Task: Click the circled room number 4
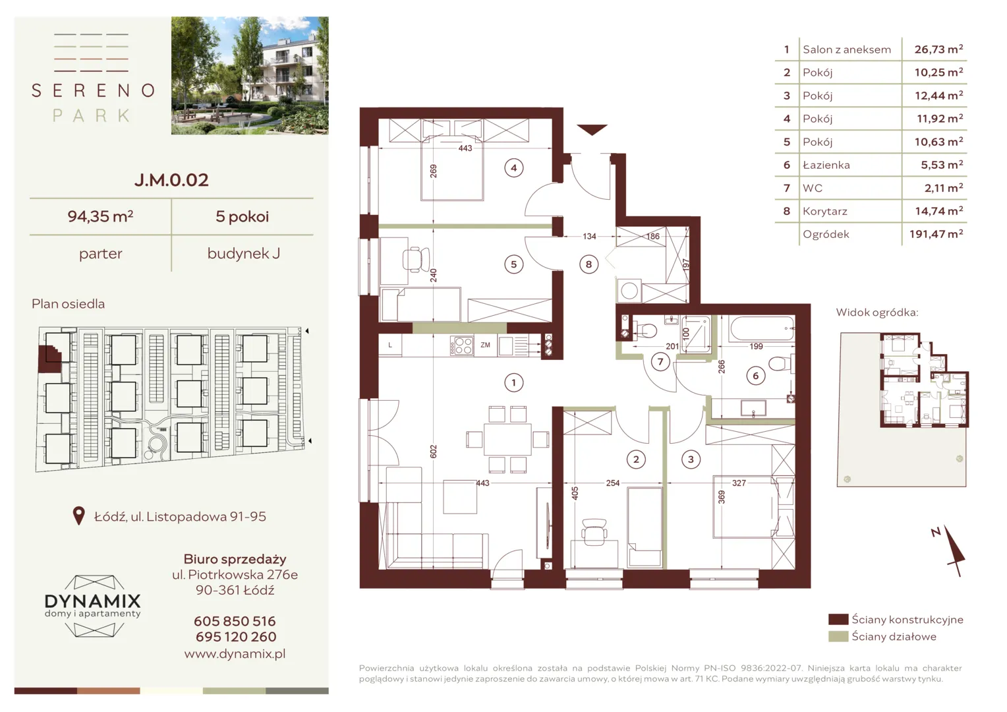pyautogui.click(x=514, y=168)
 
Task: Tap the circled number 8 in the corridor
pyautogui.click(x=589, y=264)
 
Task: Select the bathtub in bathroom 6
pyautogui.click(x=762, y=329)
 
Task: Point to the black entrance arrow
pyautogui.click(x=592, y=129)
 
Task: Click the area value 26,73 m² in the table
pyautogui.click(x=938, y=49)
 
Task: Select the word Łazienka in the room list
pyautogui.click(x=826, y=165)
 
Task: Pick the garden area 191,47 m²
pyautogui.click(x=936, y=234)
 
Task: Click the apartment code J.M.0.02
pyautogui.click(x=171, y=180)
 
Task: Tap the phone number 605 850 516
pyautogui.click(x=235, y=621)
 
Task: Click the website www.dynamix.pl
pyautogui.click(x=235, y=653)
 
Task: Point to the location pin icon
pyautogui.click(x=78, y=516)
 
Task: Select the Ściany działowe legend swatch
pyautogui.click(x=838, y=636)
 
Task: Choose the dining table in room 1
pyautogui.click(x=507, y=440)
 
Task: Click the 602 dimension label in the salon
pyautogui.click(x=434, y=451)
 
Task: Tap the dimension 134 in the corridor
pyautogui.click(x=589, y=236)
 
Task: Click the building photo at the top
pyautogui.click(x=250, y=76)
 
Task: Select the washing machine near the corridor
pyautogui.click(x=629, y=291)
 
